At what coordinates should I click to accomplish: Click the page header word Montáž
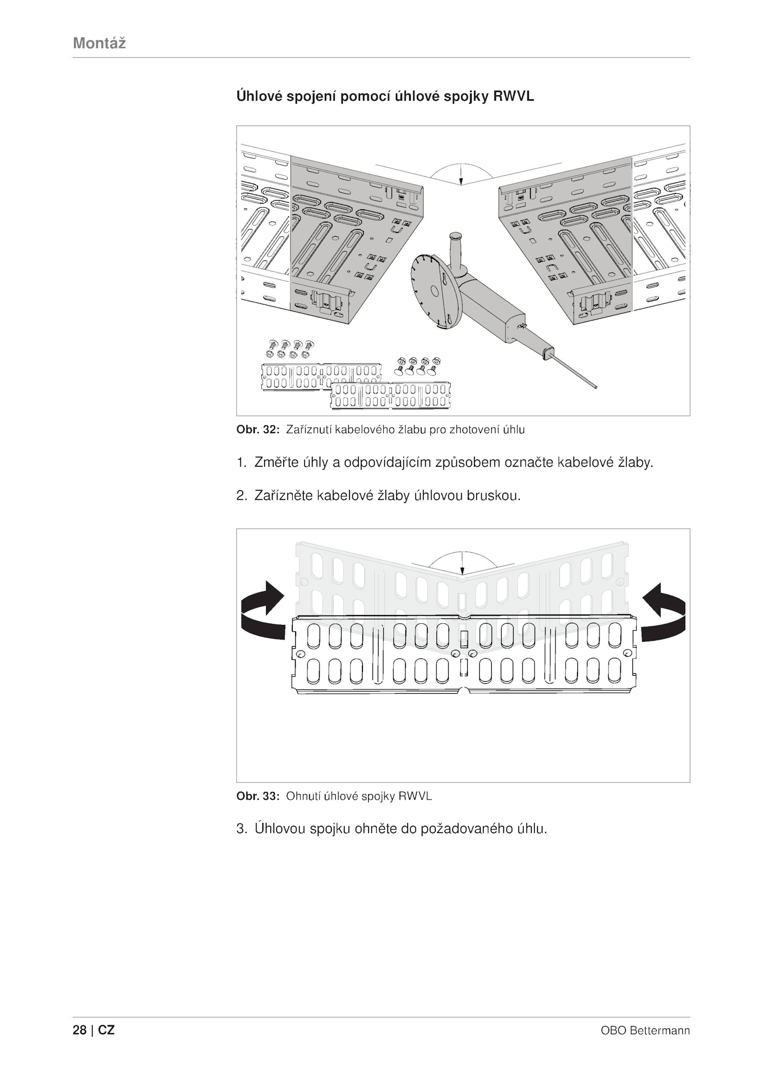pos(99,43)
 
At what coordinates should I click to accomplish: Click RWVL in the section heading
pos(514,97)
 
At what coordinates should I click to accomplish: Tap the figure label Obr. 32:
pos(258,430)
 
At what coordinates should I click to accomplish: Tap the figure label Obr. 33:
pos(258,796)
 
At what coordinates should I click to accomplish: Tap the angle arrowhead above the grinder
pos(461,181)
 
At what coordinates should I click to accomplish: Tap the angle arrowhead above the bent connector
pos(461,572)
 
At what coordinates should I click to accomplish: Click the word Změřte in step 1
pos(277,462)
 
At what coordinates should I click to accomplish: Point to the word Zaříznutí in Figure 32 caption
pos(309,430)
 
